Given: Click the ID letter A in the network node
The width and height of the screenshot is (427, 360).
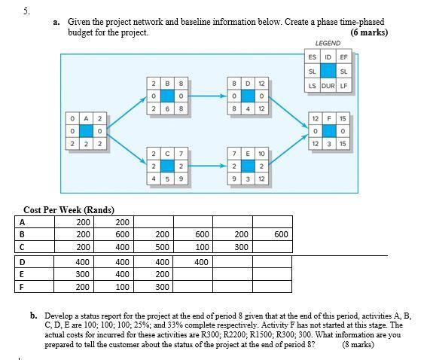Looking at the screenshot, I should tap(86, 118).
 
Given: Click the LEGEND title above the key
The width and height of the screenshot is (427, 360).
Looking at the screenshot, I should tap(328, 44).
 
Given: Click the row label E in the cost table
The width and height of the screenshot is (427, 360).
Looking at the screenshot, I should tap(22, 274).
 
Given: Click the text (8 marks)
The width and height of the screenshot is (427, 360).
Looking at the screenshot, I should tap(358, 344).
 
